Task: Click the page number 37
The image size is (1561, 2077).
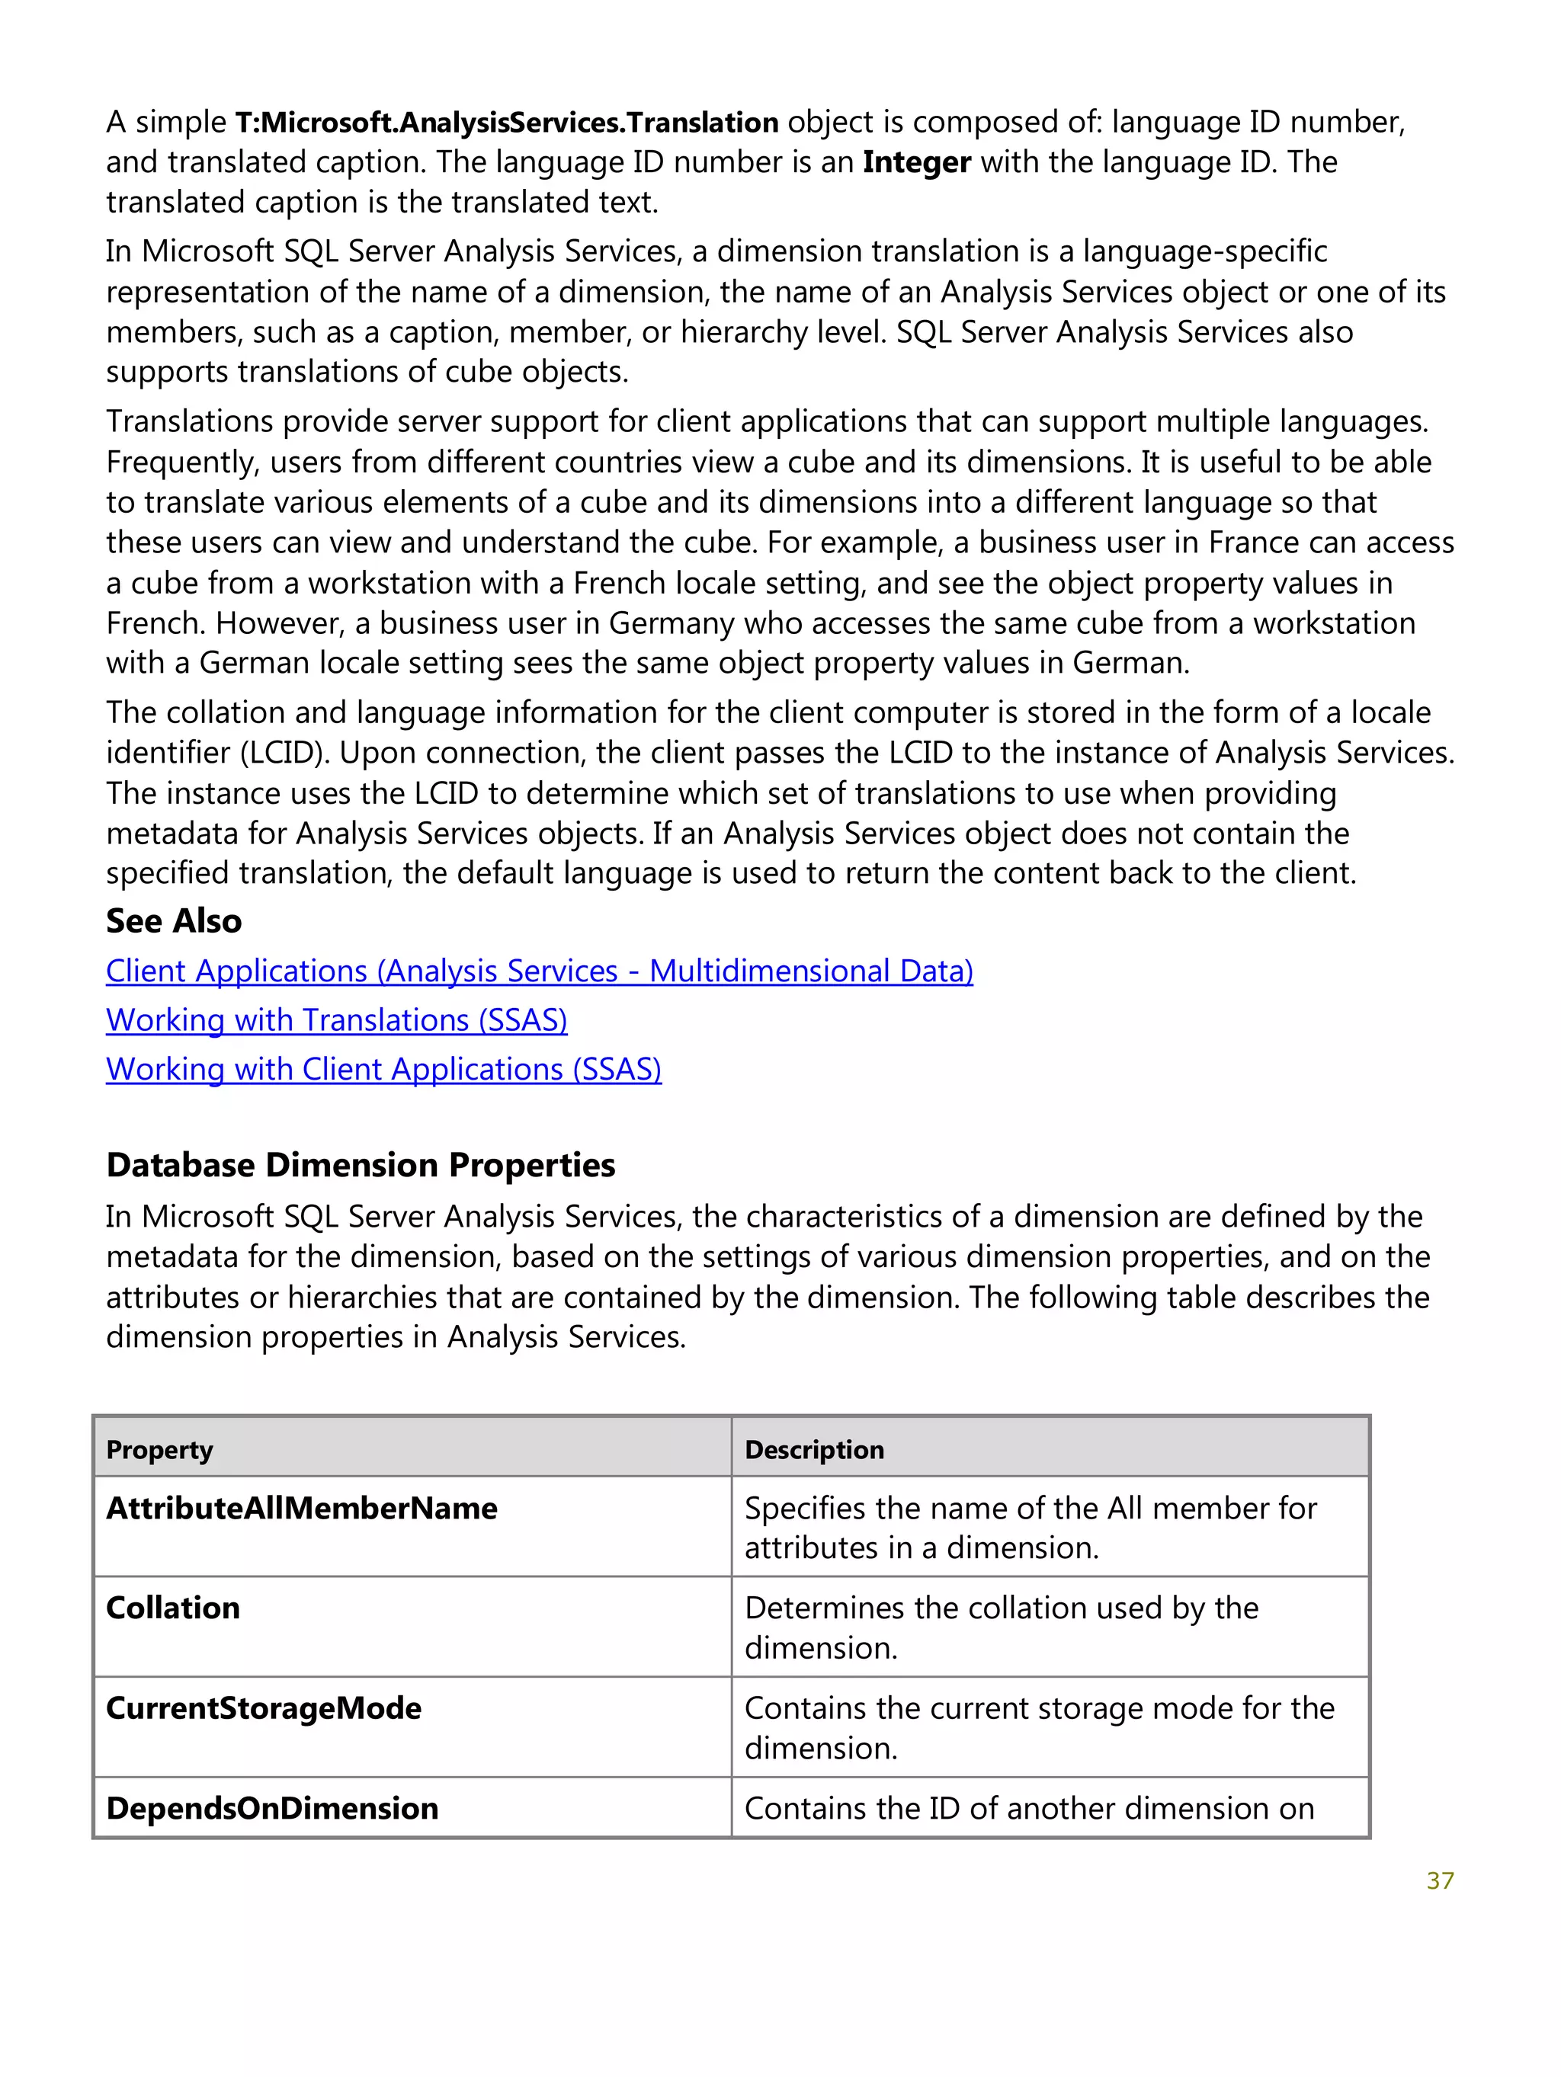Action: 1439,1880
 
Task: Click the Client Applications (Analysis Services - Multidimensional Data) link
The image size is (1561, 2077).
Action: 539,970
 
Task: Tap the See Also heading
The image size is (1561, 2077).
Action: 174,921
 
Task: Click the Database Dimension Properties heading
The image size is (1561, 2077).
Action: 361,1164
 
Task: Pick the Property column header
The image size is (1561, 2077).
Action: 159,1450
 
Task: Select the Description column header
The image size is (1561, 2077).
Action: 814,1450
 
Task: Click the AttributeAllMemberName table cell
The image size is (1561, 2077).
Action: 302,1508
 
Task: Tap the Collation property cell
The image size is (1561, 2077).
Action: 173,1608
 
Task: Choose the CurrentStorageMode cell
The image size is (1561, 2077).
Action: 264,1708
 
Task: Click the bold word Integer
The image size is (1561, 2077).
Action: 915,162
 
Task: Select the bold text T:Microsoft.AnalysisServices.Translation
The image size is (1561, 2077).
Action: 506,122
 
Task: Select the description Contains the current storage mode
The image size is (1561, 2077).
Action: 1038,1728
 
